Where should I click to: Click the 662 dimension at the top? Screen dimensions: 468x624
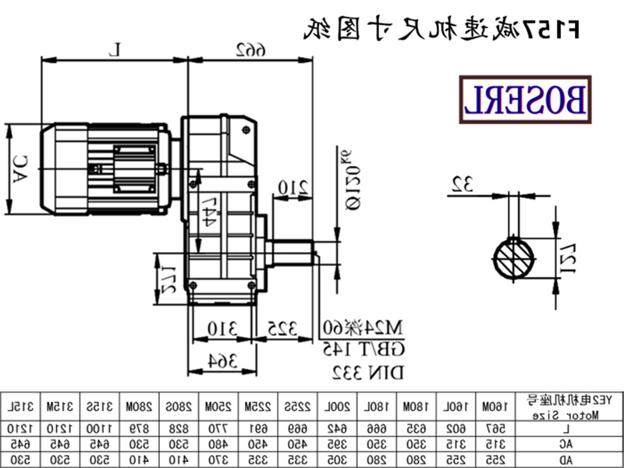[249, 50]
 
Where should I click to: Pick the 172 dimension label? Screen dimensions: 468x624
[167, 276]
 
